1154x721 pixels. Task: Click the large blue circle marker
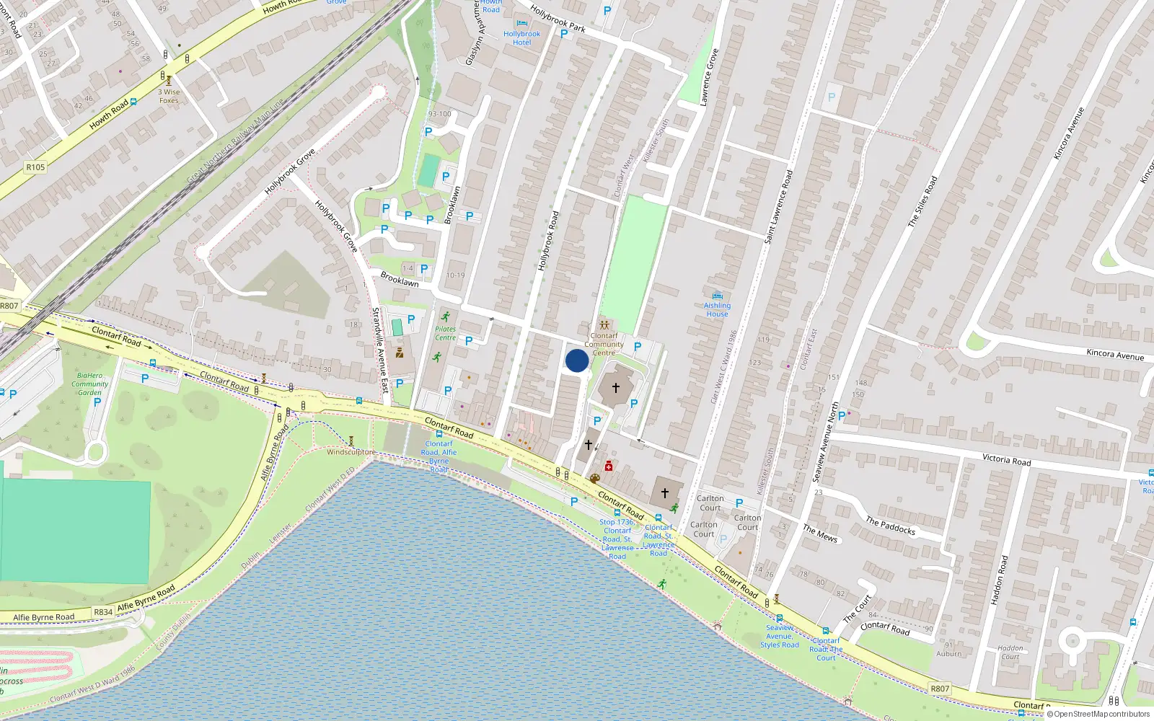[576, 360]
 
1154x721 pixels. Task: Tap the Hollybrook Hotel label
[521, 38]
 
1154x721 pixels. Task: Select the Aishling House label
[717, 310]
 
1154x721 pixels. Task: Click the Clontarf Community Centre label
[604, 344]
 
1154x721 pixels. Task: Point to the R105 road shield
[35, 167]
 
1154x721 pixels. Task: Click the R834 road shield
[103, 612]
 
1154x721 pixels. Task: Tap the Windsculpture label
[351, 452]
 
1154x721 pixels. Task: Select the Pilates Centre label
[445, 333]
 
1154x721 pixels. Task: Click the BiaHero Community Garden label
[89, 384]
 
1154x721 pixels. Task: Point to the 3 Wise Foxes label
[169, 96]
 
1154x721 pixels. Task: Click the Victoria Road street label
[1006, 459]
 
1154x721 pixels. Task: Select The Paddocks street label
[890, 526]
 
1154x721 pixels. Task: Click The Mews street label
[820, 533]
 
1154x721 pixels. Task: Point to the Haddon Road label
[999, 580]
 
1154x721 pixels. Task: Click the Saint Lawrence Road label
[778, 206]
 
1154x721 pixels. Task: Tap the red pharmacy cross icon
[609, 466]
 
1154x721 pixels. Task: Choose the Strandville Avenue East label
[380, 350]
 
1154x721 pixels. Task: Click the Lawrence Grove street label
[709, 77]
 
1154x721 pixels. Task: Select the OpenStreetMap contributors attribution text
[1101, 715]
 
